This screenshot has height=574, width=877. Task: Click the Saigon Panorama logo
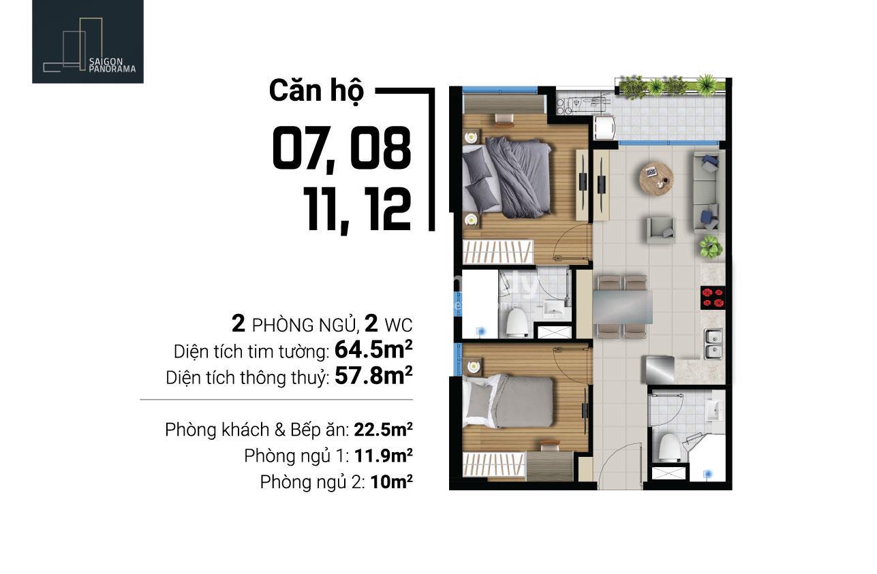pyautogui.click(x=88, y=42)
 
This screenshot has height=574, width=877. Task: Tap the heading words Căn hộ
pyautogui.click(x=316, y=91)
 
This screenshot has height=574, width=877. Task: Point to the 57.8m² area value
pyautogui.click(x=373, y=376)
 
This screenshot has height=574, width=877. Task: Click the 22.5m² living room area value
pyautogui.click(x=383, y=429)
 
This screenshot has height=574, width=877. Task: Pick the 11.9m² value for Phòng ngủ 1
pyautogui.click(x=383, y=456)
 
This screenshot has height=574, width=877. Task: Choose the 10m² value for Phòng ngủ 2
pyautogui.click(x=391, y=481)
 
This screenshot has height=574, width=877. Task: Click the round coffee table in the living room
pyautogui.click(x=656, y=178)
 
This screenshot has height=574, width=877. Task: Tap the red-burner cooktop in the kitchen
pyautogui.click(x=713, y=298)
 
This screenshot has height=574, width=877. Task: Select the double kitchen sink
pyautogui.click(x=713, y=344)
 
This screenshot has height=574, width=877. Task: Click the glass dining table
pyautogui.click(x=623, y=307)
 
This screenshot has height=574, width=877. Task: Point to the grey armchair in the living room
pyautogui.click(x=661, y=230)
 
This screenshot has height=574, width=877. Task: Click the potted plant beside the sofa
pyautogui.click(x=711, y=246)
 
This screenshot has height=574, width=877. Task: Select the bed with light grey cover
pyautogui.click(x=508, y=400)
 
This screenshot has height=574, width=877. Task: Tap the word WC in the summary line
pyautogui.click(x=399, y=325)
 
